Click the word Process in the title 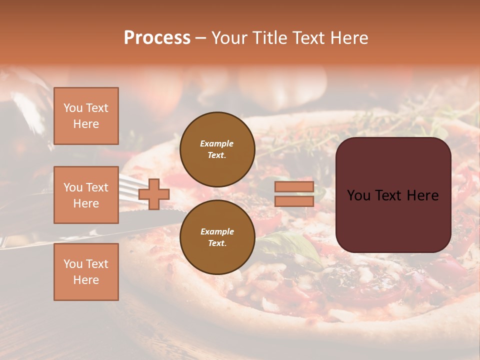[157, 38]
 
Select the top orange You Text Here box [86, 116]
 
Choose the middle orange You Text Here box [86, 195]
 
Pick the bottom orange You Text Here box [86, 272]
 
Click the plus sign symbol [154, 194]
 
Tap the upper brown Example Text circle [217, 149]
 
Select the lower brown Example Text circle [217, 237]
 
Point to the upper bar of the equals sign [294, 187]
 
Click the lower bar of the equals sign [294, 201]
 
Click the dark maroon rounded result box [393, 220]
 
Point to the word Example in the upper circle [217, 143]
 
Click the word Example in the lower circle [217, 231]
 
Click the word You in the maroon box [358, 195]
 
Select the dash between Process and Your [201, 38]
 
